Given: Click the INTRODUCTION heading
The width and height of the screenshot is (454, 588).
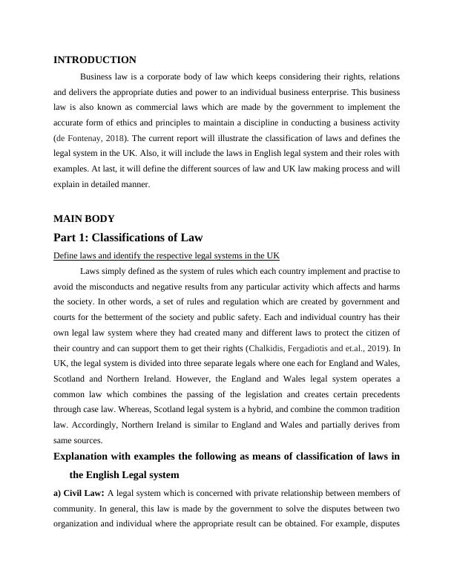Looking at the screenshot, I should (x=95, y=59).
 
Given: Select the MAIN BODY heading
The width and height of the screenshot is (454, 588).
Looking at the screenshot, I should (x=84, y=219).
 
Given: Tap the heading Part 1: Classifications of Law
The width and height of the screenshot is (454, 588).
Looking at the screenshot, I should (x=128, y=238).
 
